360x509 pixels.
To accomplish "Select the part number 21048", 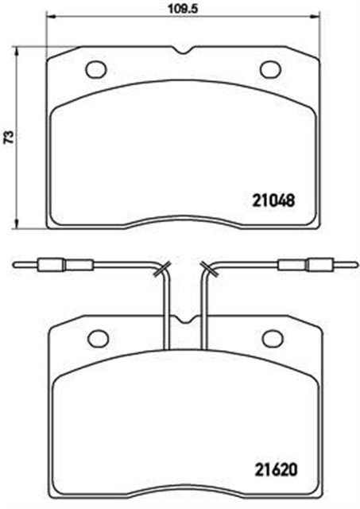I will pos(274,200).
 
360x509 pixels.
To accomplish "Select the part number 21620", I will pos(274,468).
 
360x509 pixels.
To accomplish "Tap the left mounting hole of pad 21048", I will pos(96,69).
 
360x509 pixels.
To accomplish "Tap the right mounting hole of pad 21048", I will pos(271,69).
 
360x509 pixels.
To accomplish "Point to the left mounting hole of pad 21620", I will pos(98,338).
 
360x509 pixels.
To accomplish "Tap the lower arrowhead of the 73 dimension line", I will pos(17,224).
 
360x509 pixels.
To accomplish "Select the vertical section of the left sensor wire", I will pos(165,310).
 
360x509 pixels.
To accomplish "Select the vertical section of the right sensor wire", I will pos(204,310).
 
